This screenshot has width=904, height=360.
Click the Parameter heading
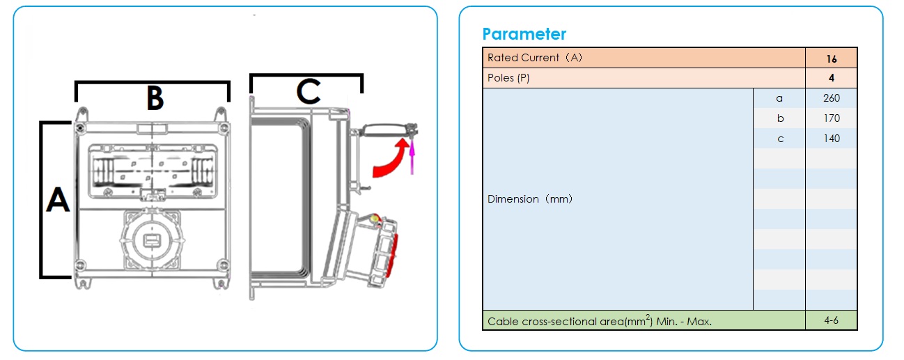pos(524,34)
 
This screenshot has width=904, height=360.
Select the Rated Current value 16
pos(832,58)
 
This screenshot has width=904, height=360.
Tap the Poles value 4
pos(832,78)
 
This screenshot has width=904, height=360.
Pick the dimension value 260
pos(832,98)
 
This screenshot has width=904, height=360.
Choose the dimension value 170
pos(832,118)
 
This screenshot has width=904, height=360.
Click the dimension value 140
pos(832,139)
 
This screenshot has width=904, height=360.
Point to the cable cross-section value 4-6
pos(832,320)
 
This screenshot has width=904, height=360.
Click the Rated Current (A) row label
pos(535,58)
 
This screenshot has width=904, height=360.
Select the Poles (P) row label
pos(508,78)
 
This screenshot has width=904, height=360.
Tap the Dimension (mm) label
pos(530,199)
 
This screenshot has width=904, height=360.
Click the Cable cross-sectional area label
pos(600,321)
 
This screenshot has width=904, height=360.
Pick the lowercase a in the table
pos(779,98)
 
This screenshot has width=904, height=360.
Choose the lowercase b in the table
pos(780,118)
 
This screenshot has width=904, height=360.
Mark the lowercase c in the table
pos(780,139)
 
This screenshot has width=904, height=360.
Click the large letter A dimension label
pos(58,201)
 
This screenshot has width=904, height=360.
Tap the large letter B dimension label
pos(155,98)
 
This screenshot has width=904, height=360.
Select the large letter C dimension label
pos(308,91)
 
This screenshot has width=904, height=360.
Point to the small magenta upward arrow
pos(412,155)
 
